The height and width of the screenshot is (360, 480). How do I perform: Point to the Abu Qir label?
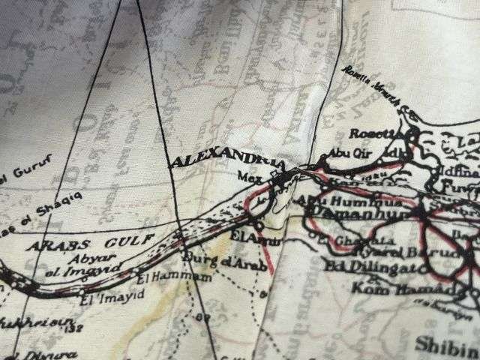[336, 156]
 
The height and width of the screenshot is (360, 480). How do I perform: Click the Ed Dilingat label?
[358, 265]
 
